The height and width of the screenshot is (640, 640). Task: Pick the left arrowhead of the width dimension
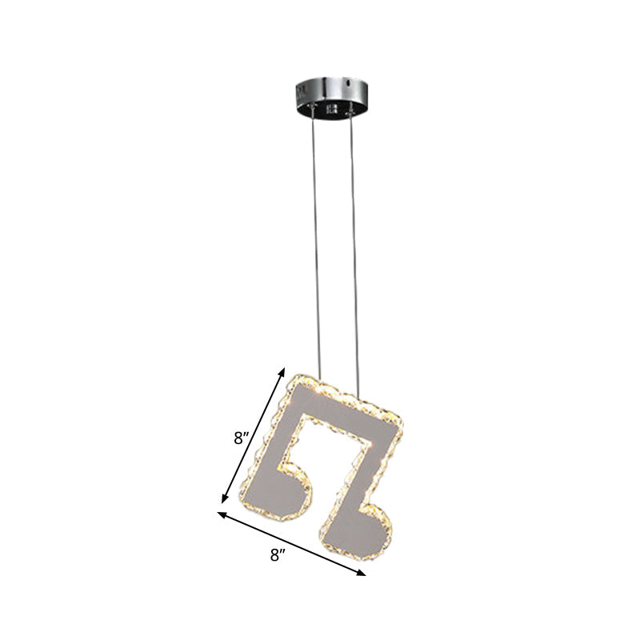tap(221, 514)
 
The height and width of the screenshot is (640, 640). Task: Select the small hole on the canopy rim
tap(349, 82)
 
